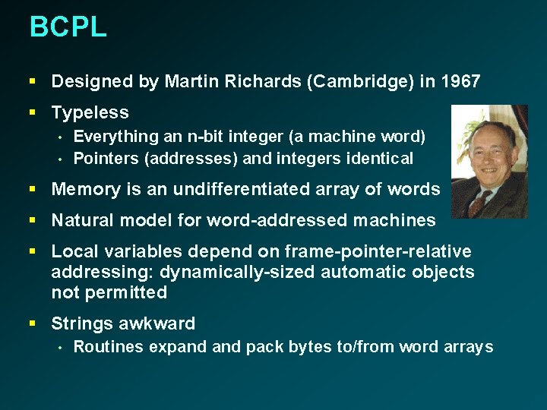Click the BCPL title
[x=68, y=27]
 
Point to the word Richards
[x=257, y=81]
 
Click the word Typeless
[x=90, y=113]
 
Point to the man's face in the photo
[x=482, y=156]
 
